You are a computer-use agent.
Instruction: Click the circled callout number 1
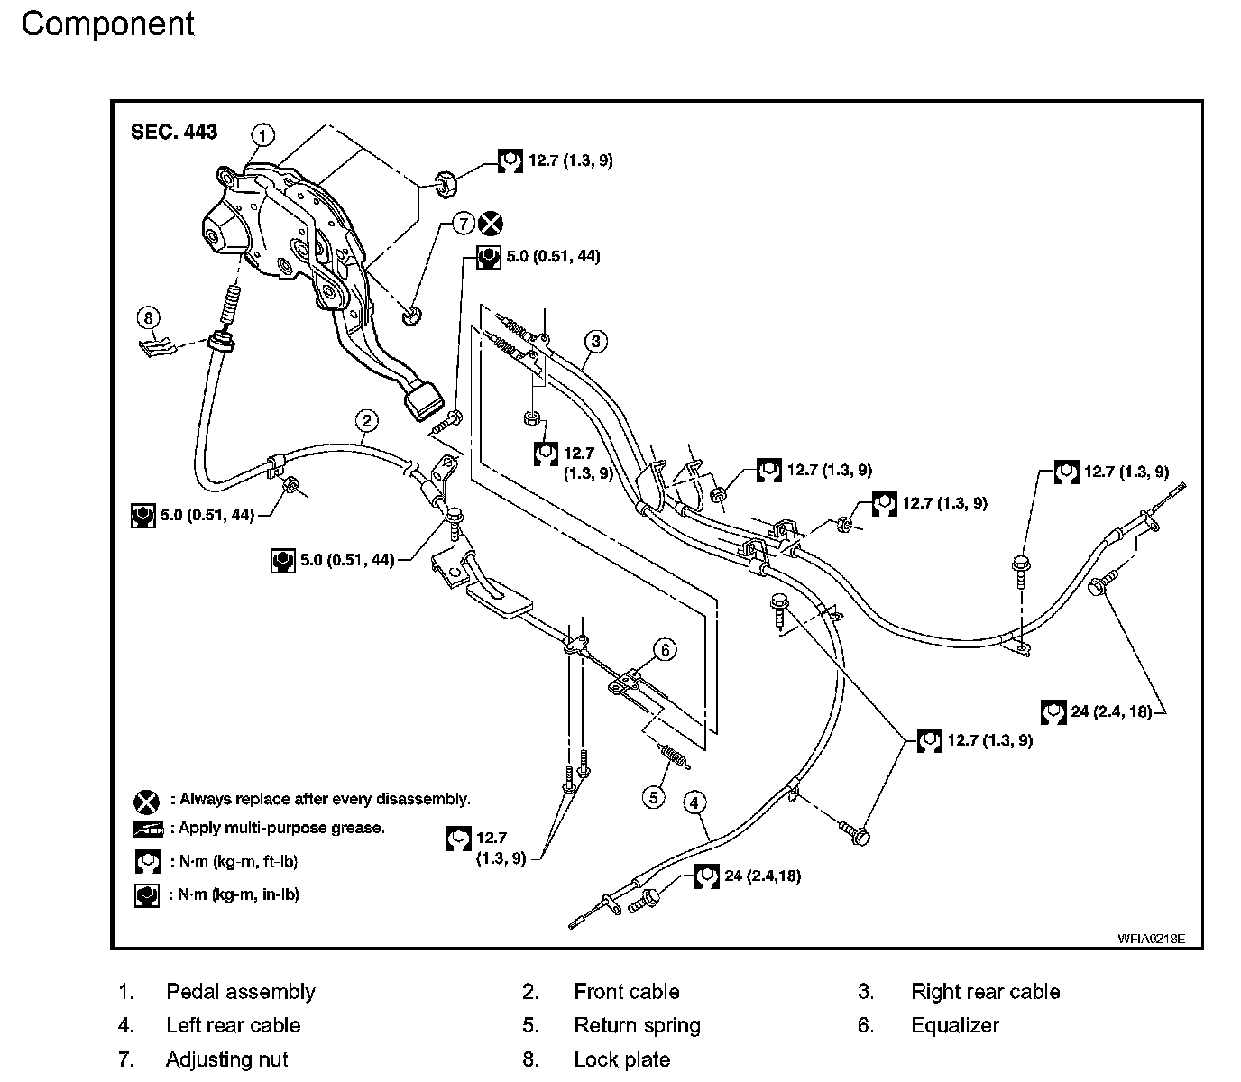click(262, 135)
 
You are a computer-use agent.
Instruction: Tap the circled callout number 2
click(365, 420)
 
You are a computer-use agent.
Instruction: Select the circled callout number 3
click(595, 341)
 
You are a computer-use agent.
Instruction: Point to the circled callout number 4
click(694, 802)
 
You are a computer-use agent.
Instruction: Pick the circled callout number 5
click(654, 796)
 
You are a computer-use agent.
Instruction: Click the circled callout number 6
click(665, 649)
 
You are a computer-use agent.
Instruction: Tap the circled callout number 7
click(463, 224)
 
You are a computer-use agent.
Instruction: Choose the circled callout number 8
click(149, 316)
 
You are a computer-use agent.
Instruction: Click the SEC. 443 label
click(174, 132)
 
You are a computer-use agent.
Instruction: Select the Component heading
click(107, 24)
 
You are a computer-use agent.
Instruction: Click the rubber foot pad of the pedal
click(424, 399)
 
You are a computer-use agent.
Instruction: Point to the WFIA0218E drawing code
click(1151, 938)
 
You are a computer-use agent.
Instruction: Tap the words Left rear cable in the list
click(233, 1025)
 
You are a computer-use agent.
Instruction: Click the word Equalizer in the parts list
click(955, 1025)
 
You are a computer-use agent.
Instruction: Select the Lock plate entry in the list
click(621, 1059)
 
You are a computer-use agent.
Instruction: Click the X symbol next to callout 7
click(491, 224)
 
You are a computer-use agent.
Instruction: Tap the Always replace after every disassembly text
click(325, 799)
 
